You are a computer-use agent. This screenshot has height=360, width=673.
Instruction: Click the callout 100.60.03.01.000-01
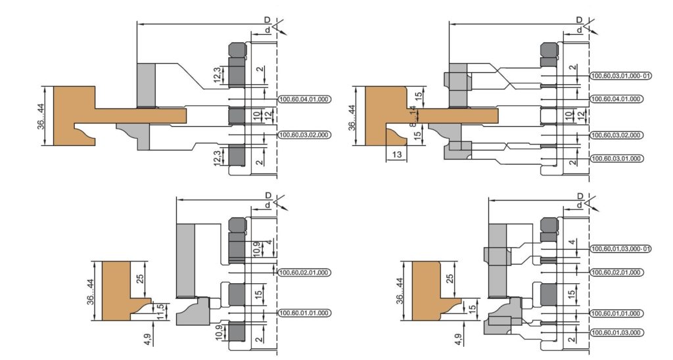click(620, 76)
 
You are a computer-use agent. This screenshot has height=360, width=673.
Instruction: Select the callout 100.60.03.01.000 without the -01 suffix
click(616, 159)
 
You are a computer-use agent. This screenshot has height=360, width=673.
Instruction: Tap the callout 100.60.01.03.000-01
click(620, 249)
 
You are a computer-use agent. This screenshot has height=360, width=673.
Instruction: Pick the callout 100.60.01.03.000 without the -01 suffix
click(616, 332)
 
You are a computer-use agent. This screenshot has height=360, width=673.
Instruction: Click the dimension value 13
click(396, 154)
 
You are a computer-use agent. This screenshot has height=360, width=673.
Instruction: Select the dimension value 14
click(413, 111)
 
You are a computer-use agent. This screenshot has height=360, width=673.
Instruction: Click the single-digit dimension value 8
click(413, 124)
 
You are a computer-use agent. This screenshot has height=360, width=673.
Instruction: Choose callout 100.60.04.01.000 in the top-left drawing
click(305, 100)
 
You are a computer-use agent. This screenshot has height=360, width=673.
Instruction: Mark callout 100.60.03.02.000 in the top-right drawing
click(616, 135)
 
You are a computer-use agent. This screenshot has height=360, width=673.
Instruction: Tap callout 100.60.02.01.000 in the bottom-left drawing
click(305, 273)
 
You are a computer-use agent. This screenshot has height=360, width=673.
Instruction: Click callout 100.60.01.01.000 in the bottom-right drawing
click(616, 313)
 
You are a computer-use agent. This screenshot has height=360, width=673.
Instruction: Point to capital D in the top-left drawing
click(267, 20)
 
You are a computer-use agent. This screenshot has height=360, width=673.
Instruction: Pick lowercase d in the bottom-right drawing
click(580, 206)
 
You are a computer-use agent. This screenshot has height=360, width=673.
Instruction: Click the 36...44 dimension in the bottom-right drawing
click(400, 291)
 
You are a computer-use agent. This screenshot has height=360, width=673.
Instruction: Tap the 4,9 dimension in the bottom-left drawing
click(148, 339)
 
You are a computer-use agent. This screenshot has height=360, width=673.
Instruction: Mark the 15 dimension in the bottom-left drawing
click(258, 294)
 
